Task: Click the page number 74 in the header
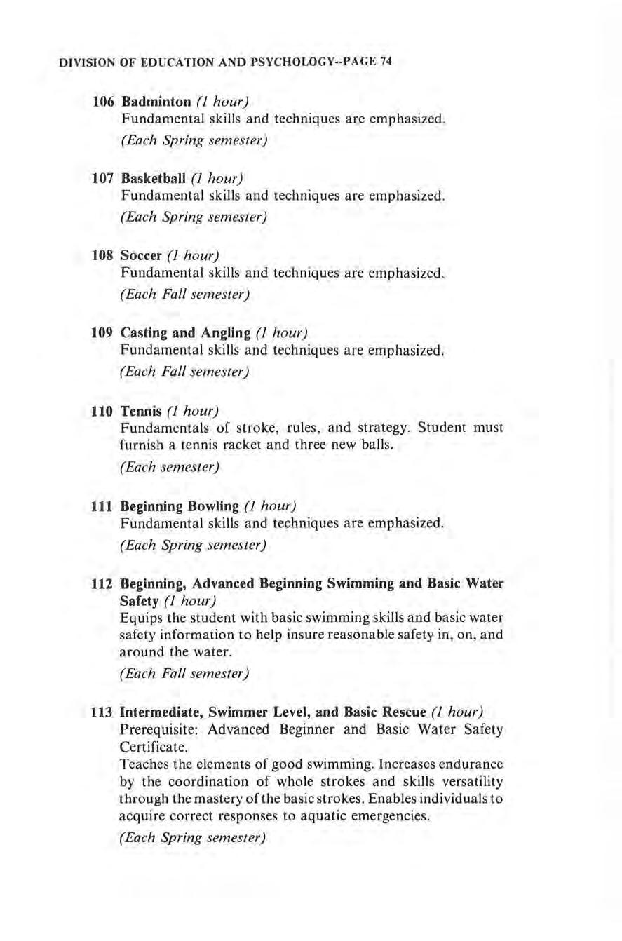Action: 384,62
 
